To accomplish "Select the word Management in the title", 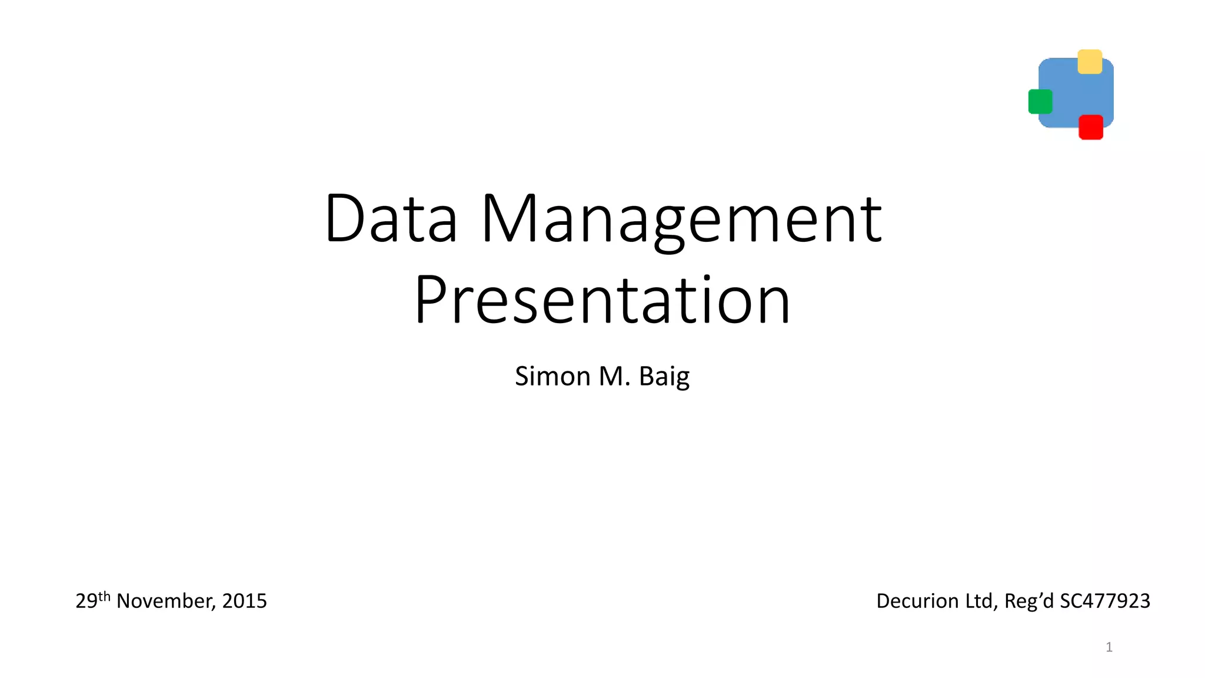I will [x=681, y=221].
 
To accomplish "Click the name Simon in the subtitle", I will [x=552, y=376].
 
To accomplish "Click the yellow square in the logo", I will [x=1090, y=62].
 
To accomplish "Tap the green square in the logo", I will [x=1040, y=101].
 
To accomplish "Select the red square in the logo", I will [x=1090, y=127].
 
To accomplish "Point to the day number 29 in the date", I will [x=86, y=601].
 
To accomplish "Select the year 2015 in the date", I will [x=245, y=601].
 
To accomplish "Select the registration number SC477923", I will [x=1104, y=601].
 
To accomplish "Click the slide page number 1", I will [x=1109, y=647].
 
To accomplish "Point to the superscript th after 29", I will [x=104, y=596].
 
